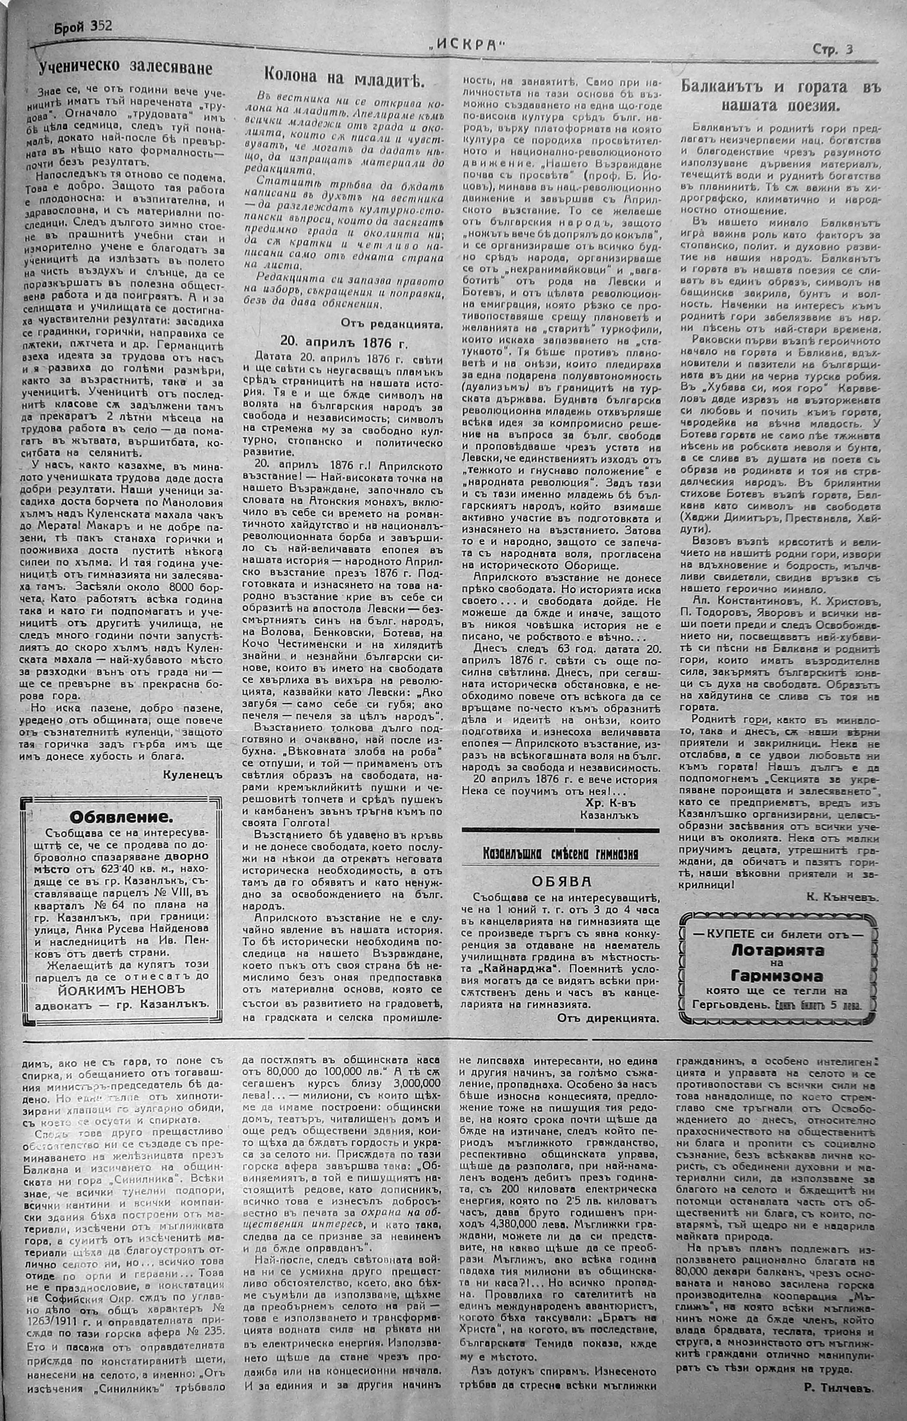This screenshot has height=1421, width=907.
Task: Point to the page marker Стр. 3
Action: point(832,50)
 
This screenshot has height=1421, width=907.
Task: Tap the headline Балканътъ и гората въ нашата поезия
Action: point(781,96)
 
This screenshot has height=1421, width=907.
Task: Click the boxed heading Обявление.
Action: point(121,817)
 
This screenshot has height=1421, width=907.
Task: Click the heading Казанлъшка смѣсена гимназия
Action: point(560,854)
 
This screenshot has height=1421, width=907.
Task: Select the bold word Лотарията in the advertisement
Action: point(778,951)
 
